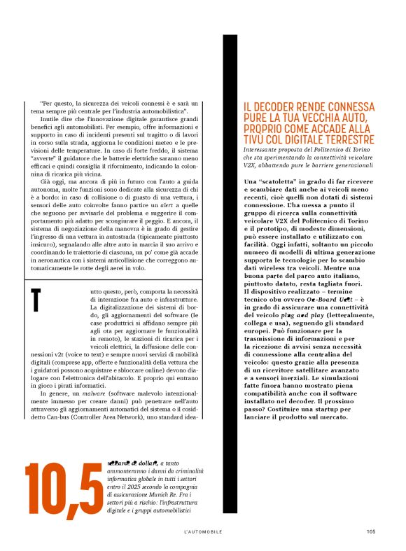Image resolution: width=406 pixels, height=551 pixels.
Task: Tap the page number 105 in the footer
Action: coord(371,531)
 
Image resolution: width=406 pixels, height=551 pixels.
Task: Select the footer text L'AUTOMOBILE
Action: coord(203,531)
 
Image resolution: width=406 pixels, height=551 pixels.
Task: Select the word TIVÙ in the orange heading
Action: coord(256,141)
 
